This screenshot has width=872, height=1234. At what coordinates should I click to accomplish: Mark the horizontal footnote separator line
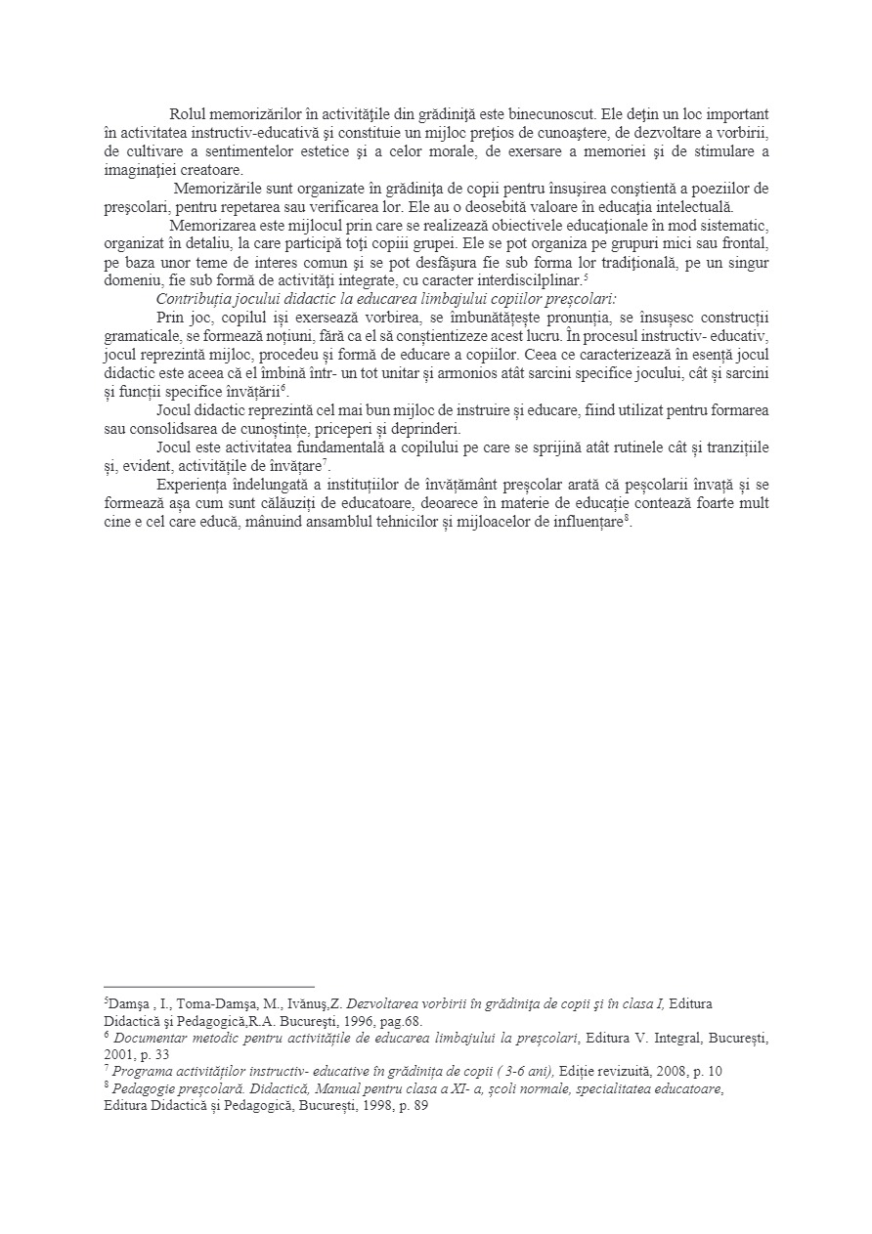pos(209,987)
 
